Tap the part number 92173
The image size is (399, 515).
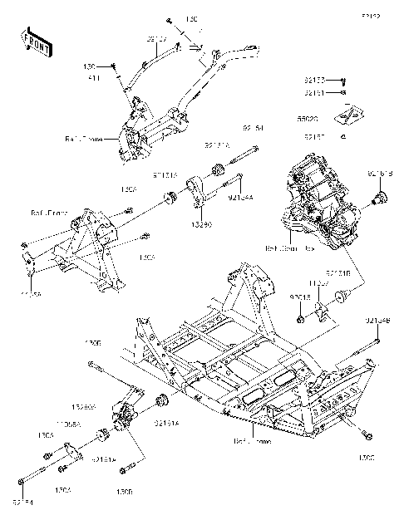313,81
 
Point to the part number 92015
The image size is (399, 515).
300,296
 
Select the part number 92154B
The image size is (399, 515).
377,320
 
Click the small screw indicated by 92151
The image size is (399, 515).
344,94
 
